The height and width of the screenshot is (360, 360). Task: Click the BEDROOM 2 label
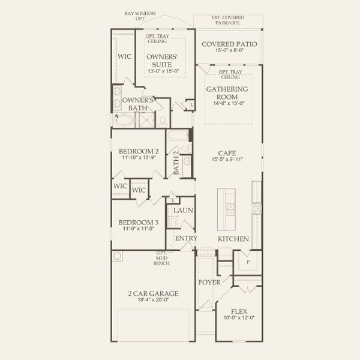(139, 151)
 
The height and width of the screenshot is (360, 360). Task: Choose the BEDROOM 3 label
(139, 221)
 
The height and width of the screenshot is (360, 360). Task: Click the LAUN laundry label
(183, 211)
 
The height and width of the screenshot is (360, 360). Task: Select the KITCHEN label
(233, 239)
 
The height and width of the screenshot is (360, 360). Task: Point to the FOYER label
(209, 281)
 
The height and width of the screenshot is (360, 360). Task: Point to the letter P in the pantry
(248, 262)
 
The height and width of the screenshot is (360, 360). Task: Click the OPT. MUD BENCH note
(161, 257)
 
